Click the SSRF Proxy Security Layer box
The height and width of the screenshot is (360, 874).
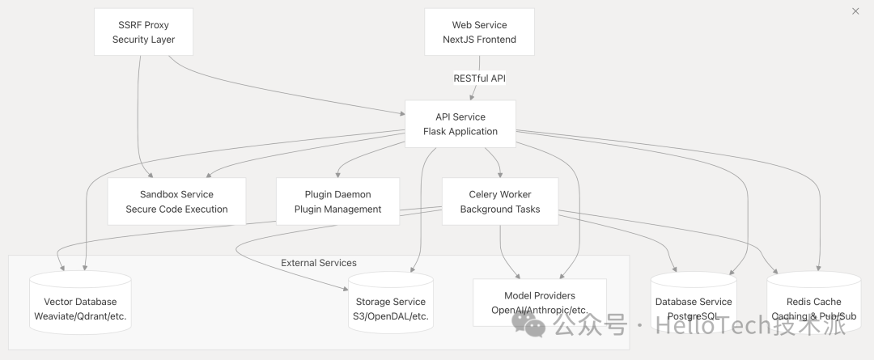tap(143, 32)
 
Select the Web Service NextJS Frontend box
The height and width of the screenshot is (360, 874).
tap(479, 32)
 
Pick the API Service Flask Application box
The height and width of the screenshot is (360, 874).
tap(460, 124)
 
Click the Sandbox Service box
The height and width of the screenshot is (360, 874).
tap(176, 201)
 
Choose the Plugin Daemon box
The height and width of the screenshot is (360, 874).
tap(338, 201)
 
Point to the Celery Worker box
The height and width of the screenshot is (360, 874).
tap(500, 201)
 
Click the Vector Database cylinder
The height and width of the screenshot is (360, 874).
tap(80, 303)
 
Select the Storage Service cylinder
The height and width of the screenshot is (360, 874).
tap(391, 303)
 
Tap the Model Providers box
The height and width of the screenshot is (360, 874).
tap(540, 303)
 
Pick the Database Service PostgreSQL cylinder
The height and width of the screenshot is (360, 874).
tap(694, 303)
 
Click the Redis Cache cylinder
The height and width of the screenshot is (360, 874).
tap(813, 303)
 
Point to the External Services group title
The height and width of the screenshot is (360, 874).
tap(319, 263)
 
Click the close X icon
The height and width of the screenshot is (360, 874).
tap(855, 11)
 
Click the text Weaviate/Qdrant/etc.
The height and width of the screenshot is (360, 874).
tap(80, 316)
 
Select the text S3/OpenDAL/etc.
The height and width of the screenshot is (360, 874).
tap(391, 316)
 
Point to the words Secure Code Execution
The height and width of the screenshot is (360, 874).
tap(176, 210)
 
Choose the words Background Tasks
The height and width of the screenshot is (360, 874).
tap(500, 210)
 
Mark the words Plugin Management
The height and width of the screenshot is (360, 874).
tap(338, 210)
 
